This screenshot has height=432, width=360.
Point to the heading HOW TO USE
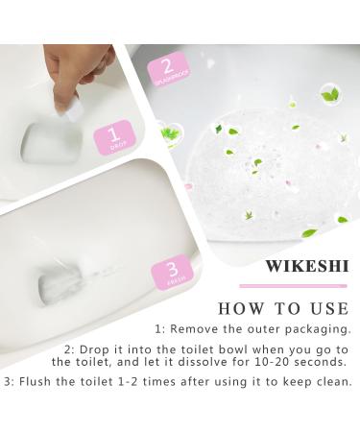click(282, 309)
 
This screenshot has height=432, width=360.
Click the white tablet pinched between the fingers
click(68, 110)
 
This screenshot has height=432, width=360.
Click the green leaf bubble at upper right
click(329, 93)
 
